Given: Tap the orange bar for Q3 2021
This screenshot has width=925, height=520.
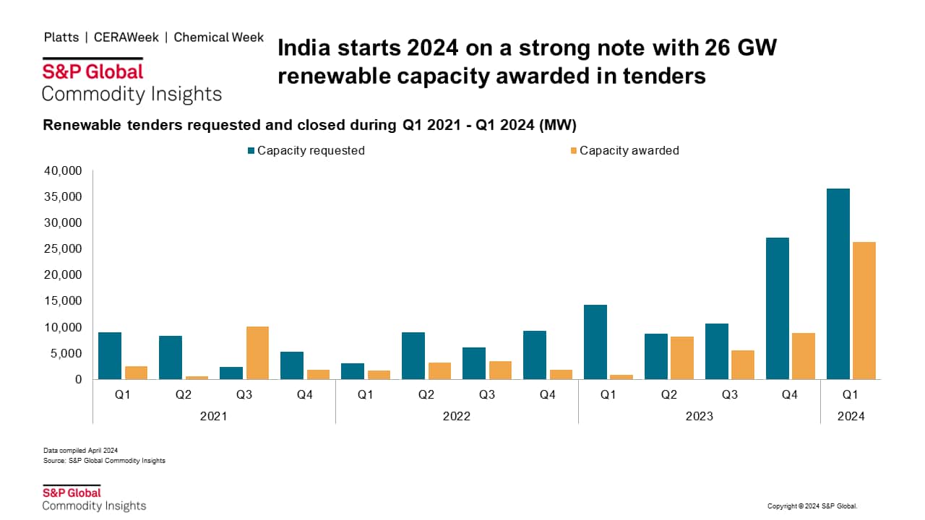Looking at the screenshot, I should (257, 353).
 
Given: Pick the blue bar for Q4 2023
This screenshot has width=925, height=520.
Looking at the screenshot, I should (777, 308).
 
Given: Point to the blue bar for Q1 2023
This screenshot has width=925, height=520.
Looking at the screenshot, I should (595, 342).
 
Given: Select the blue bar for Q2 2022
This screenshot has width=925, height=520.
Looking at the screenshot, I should (413, 356).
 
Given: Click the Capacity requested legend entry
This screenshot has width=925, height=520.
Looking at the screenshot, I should (306, 150).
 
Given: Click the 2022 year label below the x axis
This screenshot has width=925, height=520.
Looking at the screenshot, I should (457, 416).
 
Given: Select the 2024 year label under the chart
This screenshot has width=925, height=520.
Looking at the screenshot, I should (850, 416).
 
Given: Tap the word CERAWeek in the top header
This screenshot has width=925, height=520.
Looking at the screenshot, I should (126, 38).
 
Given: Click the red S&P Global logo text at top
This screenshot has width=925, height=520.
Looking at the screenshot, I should (92, 71).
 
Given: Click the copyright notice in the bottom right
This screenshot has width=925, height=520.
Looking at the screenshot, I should (812, 506).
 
